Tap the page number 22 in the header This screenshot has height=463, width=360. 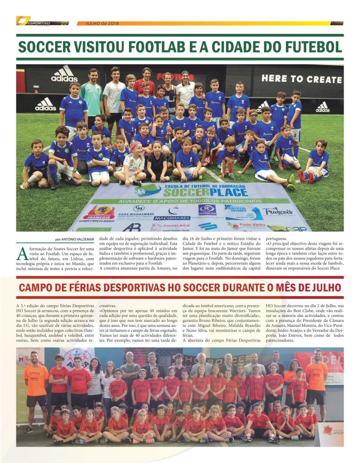(64, 24)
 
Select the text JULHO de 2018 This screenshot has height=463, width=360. (98, 24)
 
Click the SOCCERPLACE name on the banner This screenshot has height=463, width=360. (196, 192)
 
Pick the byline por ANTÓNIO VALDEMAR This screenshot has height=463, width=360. (75, 239)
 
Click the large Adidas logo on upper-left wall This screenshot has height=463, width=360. (65, 74)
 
